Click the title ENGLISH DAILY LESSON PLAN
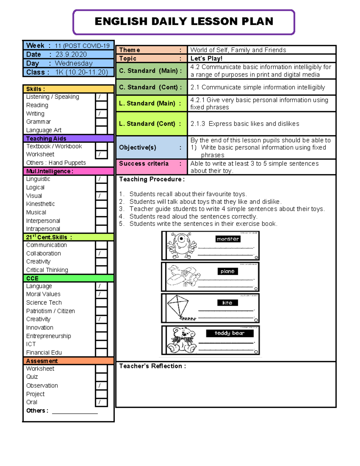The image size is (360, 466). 184,22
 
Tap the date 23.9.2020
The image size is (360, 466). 71,55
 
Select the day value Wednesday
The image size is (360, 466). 74,63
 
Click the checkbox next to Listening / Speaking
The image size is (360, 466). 101,97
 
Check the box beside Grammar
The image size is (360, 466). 101,122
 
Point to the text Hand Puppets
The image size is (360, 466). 67,163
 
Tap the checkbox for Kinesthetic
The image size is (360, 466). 101,204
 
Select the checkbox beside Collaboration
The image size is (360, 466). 101,254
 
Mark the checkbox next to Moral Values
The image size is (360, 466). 101,294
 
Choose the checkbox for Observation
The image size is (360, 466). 101,386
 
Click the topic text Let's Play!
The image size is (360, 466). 206,59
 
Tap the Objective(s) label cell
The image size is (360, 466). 151,147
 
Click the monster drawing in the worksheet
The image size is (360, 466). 181,245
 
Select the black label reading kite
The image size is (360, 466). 227,303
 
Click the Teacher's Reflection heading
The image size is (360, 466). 152,366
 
